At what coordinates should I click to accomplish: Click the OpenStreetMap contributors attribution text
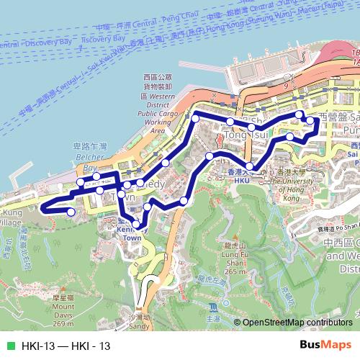(x=297, y=323)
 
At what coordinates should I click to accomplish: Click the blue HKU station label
(x=242, y=180)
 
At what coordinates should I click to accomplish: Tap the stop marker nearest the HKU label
(x=249, y=167)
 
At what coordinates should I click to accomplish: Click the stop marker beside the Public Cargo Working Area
(x=195, y=117)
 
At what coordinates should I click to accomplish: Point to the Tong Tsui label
(x=240, y=135)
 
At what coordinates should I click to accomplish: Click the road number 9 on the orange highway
(x=286, y=84)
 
